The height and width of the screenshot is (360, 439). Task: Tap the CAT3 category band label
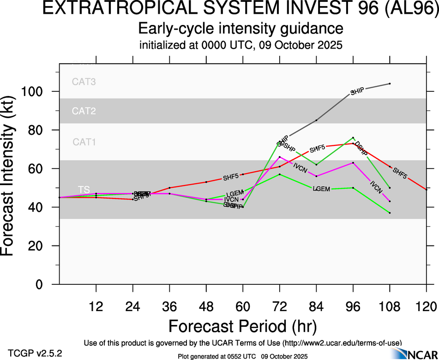(84, 82)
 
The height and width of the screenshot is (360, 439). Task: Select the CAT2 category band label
(84, 111)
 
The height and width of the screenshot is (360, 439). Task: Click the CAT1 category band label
(84, 142)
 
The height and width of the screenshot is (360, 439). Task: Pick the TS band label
(84, 190)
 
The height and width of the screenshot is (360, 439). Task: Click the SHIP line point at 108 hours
(390, 84)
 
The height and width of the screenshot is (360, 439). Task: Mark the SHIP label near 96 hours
(358, 91)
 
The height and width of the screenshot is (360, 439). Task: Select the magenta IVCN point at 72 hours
(279, 157)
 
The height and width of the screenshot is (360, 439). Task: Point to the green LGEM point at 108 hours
(390, 213)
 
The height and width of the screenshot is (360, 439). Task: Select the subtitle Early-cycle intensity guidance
(241, 29)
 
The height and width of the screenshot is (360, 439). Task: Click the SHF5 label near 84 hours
(317, 149)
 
